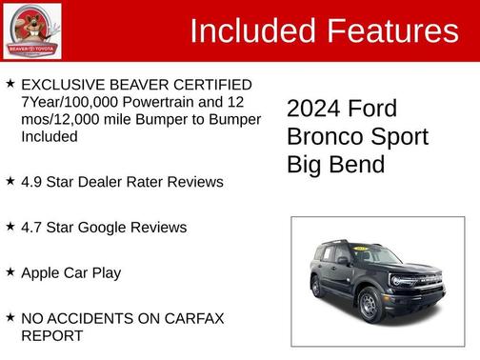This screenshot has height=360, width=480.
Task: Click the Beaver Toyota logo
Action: (x=32, y=30)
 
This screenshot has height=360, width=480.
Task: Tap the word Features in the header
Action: (x=392, y=31)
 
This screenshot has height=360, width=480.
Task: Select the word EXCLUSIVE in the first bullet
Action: (x=60, y=86)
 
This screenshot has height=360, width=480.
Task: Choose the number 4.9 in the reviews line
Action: (x=31, y=182)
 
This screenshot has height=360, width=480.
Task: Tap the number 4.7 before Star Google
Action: (x=31, y=228)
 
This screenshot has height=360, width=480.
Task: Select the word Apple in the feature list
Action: (x=41, y=273)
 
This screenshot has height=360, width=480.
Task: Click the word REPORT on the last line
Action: (x=51, y=335)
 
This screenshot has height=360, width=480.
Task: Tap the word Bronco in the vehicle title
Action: (x=325, y=137)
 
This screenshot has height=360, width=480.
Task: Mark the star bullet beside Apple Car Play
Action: (x=10, y=272)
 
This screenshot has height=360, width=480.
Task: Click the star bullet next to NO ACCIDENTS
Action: (x=10, y=317)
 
